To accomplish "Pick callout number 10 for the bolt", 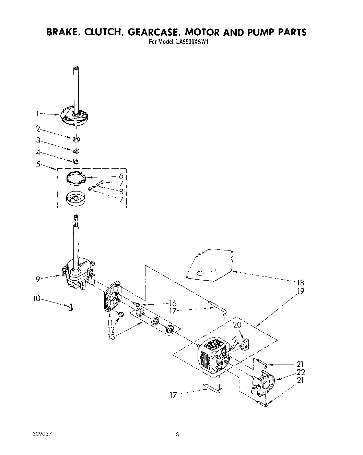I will click(37, 299).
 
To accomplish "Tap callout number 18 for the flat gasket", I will click(301, 283).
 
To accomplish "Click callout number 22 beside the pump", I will click(301, 372).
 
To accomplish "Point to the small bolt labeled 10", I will click(71, 307).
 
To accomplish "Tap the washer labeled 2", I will click(76, 139).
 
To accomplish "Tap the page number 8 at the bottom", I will click(177, 435).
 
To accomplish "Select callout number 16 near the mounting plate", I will click(172, 303).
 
